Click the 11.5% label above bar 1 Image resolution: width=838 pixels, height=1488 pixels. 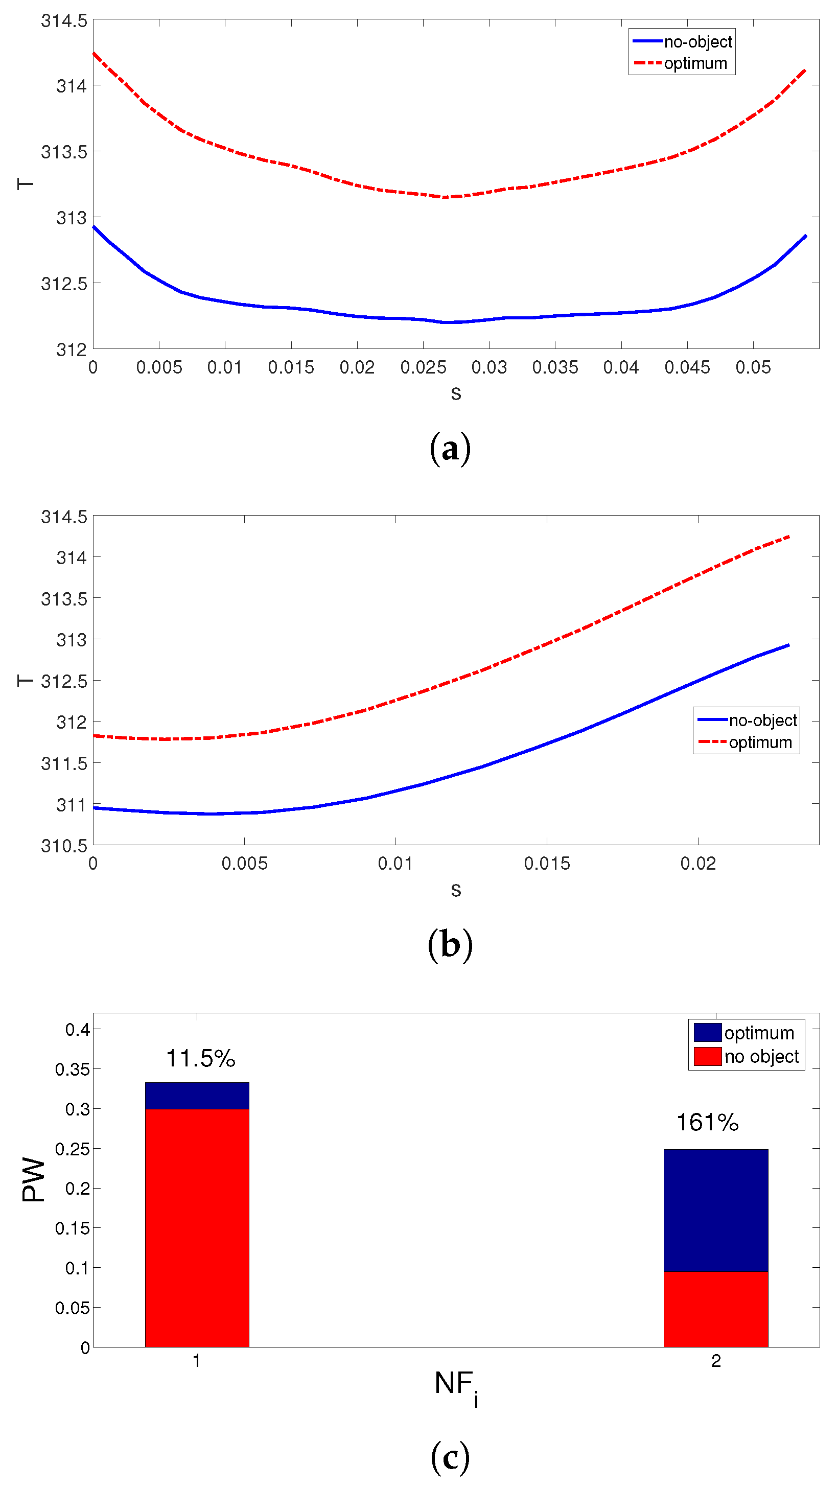[x=200, y=1058]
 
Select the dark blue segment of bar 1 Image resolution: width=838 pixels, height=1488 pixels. [x=197, y=1095]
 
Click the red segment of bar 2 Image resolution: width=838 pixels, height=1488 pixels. [x=715, y=1309]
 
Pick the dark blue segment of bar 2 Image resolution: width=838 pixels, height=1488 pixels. [x=715, y=1211]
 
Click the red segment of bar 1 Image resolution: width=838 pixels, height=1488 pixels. [x=197, y=1227]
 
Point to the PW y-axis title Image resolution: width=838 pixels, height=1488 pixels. [x=33, y=1179]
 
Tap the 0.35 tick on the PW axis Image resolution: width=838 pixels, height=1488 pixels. [x=72, y=1069]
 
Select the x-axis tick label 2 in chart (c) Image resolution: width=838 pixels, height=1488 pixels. [x=715, y=1361]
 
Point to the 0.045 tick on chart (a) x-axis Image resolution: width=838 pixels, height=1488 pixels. [x=687, y=367]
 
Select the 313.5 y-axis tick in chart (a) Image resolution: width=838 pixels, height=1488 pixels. [x=63, y=152]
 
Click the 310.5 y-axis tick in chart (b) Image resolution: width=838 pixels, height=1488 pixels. [x=63, y=846]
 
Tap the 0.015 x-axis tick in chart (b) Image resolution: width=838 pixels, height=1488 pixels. [x=546, y=864]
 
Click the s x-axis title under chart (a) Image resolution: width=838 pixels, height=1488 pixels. [x=456, y=393]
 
